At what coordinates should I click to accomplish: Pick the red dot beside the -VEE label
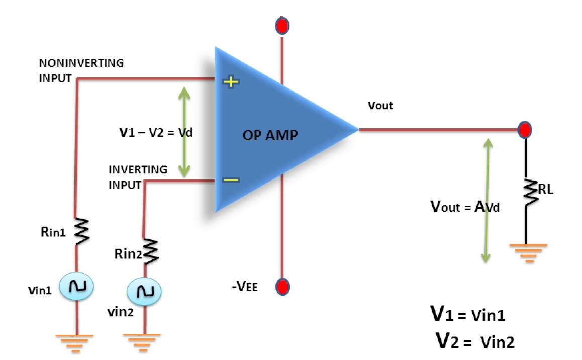click(282, 287)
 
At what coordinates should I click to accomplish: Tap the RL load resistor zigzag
click(529, 193)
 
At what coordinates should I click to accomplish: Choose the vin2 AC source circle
click(144, 291)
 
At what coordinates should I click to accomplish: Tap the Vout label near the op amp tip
click(380, 106)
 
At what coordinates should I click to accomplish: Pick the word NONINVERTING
click(81, 63)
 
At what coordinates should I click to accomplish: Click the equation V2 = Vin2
click(474, 341)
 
